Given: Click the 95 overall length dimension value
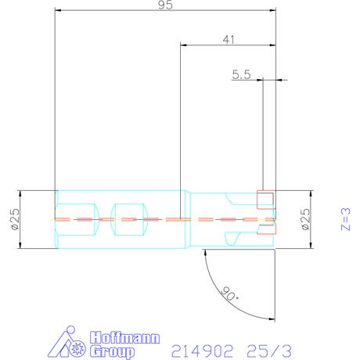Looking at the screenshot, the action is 165,5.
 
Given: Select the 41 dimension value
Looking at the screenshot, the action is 229,40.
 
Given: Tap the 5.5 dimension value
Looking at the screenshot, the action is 241,74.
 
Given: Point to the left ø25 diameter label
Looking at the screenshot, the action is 16,219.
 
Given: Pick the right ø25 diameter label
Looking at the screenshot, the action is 306,219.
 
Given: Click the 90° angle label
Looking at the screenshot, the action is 229,293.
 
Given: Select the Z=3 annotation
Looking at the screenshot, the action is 345,219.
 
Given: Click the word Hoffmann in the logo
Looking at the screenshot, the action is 124,338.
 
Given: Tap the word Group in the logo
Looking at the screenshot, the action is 112,351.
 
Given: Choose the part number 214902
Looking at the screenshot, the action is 202,351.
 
